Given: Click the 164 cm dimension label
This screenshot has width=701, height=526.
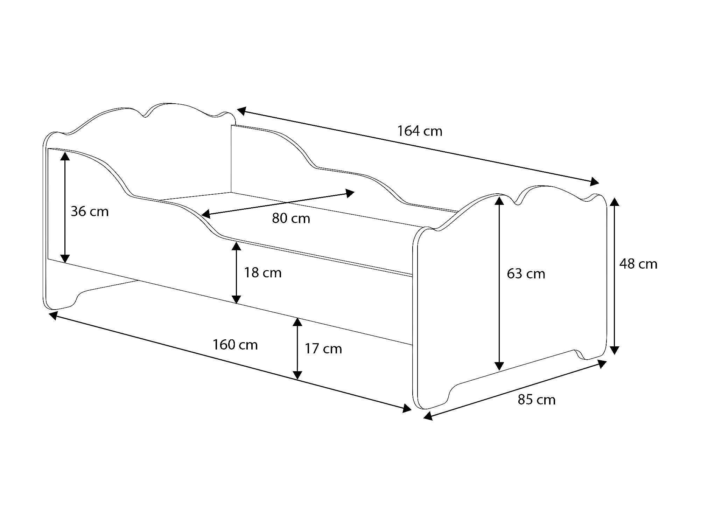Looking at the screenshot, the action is point(420,131).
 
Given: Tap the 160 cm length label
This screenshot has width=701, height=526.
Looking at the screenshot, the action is point(235,345).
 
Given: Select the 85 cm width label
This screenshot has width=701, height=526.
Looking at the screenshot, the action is point(537,400).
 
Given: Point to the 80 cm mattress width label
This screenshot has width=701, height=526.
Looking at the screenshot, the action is point(291,219).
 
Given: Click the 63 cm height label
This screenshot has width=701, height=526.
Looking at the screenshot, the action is point(526,274).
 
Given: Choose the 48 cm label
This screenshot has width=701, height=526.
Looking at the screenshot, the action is point(638,264).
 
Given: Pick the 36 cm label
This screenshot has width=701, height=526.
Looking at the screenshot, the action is point(90,212).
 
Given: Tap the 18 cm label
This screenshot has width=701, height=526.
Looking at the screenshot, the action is point(262,273).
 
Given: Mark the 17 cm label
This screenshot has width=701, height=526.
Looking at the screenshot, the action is point(323,349).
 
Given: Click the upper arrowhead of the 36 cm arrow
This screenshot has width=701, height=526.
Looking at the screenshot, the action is point(65,155).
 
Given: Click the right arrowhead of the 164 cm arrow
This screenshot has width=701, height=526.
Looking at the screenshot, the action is point(594,181).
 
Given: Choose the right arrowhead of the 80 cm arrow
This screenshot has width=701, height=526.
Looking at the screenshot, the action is point(350,193).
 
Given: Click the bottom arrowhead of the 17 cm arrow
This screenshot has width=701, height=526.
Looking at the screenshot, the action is point(297,375).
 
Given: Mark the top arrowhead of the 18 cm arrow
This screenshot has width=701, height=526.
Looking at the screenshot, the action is point(237,247).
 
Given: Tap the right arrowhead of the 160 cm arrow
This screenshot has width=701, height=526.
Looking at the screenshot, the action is point(407,408).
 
